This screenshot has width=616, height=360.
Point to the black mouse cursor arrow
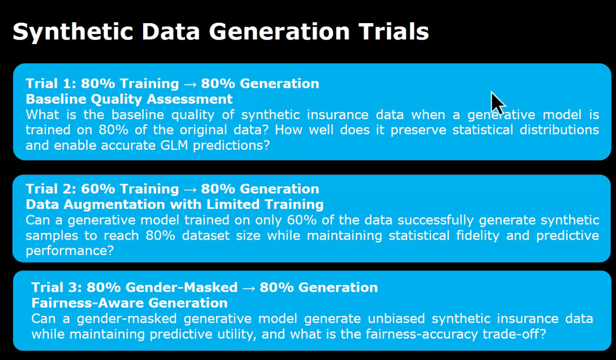pos(497,102)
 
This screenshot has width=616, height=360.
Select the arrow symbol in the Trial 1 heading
pos(190,83)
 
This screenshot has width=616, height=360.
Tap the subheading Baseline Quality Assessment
pos(129,99)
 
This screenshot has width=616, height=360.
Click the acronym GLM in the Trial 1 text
pos(169,146)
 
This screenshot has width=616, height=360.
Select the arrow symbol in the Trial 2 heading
pos(190,189)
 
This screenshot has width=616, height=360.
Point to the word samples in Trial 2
pos(53,236)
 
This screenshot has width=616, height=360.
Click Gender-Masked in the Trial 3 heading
pos(181,287)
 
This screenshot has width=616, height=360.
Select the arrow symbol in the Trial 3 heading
pos(248,287)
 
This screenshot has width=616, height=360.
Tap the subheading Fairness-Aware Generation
pos(129,303)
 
